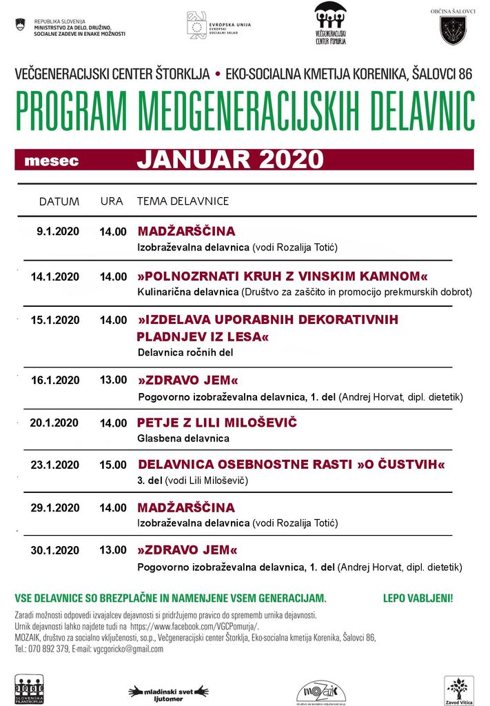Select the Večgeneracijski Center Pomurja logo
click(x=330, y=23)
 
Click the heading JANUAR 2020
click(x=229, y=159)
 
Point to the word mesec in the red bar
click(x=51, y=161)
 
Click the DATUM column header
click(x=59, y=201)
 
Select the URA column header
click(x=112, y=201)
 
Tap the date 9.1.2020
click(x=58, y=232)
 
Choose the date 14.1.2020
click(x=55, y=276)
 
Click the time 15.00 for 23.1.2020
click(x=113, y=465)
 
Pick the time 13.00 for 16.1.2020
click(x=113, y=380)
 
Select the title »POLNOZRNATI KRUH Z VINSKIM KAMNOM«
click(x=282, y=276)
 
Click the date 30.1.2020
click(x=55, y=550)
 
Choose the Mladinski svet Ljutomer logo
click(x=169, y=692)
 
